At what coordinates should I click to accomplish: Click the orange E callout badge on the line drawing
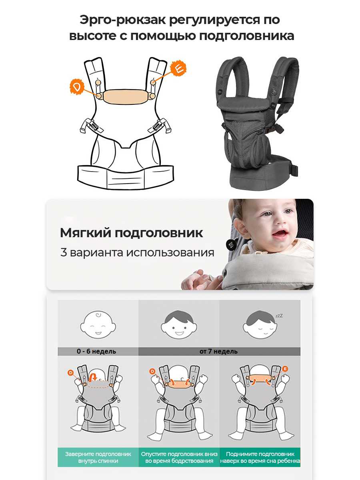178,68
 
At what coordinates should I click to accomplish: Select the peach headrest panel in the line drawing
125,96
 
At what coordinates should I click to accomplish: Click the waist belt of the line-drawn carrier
126,177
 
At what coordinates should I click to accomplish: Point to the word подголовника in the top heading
246,36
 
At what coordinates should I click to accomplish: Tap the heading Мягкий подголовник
131,233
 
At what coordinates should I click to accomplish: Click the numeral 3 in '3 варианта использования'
63,252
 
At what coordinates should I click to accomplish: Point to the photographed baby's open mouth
278,233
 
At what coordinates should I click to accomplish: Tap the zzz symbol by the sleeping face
279,316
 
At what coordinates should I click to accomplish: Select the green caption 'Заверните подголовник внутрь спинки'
98,458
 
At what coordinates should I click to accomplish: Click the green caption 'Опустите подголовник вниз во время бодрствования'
179,458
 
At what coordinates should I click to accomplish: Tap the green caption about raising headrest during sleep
260,458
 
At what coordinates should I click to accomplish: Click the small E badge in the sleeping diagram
285,369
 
